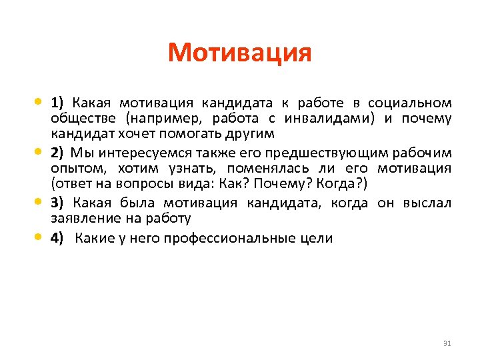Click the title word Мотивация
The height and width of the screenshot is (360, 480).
point(240,52)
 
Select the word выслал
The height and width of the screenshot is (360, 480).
point(427,203)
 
